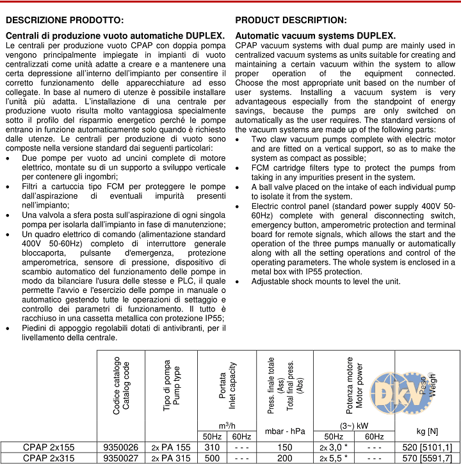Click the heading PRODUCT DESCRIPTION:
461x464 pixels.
click(291, 21)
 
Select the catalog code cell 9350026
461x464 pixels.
click(120, 447)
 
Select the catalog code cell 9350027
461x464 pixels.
click(120, 458)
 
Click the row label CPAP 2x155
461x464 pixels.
click(48, 447)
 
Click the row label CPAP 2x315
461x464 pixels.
click(48, 458)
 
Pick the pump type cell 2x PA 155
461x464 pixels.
click(170, 447)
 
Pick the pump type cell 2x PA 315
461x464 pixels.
click(170, 458)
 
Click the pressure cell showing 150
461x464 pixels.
click(284, 447)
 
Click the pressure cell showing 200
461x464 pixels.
click(284, 458)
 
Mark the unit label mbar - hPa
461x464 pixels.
click(284, 431)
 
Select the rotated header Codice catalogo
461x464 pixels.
click(117, 386)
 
